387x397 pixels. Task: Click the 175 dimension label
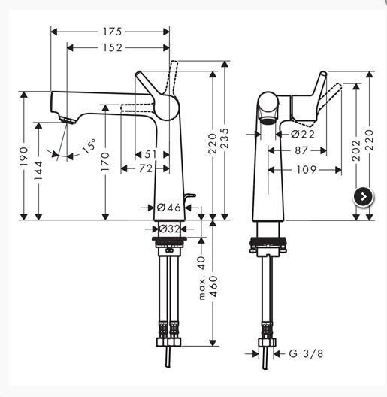pyautogui.click(x=113, y=32)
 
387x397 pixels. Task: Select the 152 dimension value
pyautogui.click(x=113, y=47)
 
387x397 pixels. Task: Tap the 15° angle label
pyautogui.click(x=89, y=146)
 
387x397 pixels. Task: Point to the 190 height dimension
pyautogui.click(x=24, y=156)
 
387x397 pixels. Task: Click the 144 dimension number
pyautogui.click(x=38, y=171)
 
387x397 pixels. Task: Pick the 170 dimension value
pyautogui.click(x=105, y=161)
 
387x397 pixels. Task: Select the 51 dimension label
pyautogui.click(x=151, y=154)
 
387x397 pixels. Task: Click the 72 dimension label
pyautogui.click(x=146, y=168)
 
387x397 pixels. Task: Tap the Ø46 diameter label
pyautogui.click(x=169, y=208)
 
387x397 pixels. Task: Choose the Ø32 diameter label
pyautogui.click(x=169, y=229)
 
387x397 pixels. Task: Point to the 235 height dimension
pyautogui.click(x=225, y=138)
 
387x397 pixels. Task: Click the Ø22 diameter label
pyautogui.click(x=303, y=134)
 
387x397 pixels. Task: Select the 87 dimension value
pyautogui.click(x=301, y=150)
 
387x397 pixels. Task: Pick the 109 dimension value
pyautogui.click(x=307, y=170)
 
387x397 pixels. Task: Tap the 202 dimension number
pyautogui.click(x=356, y=150)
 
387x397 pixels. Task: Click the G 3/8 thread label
pyautogui.click(x=307, y=353)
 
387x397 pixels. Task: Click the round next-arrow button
pyautogui.click(x=363, y=197)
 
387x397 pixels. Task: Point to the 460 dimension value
pyautogui.click(x=213, y=286)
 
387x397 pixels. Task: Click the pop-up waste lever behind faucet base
pyautogui.click(x=189, y=198)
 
